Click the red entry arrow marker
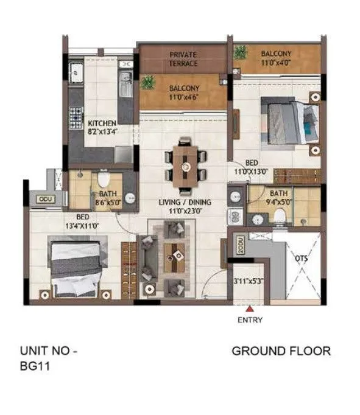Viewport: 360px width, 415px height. click(249, 310)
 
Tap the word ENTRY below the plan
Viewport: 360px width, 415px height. click(250, 320)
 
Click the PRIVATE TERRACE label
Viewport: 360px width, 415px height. click(183, 59)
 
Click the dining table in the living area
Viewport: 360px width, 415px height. click(185, 163)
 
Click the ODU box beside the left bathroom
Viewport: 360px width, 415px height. click(45, 199)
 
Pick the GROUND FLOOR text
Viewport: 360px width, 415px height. click(281, 351)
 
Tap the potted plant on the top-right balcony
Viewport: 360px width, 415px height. click(239, 52)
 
